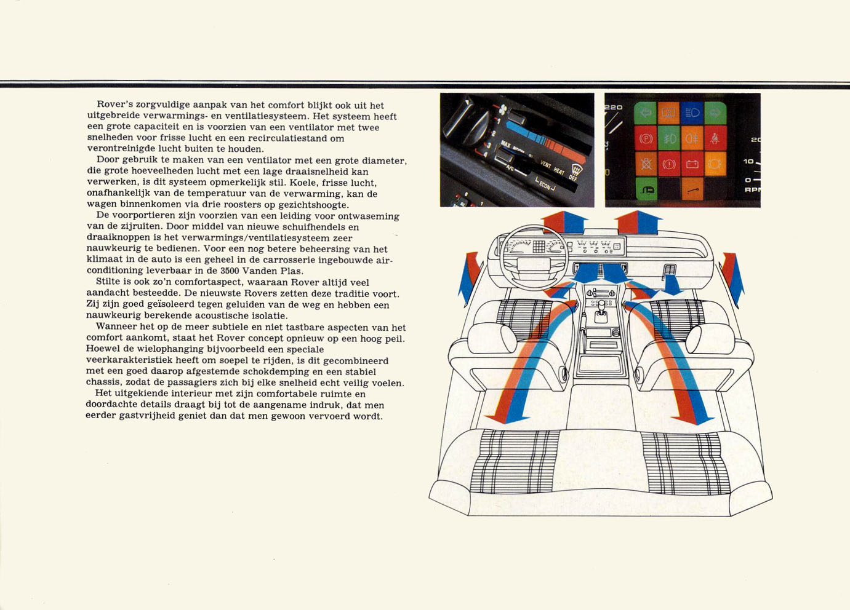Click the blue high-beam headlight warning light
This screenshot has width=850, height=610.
pos(692,113)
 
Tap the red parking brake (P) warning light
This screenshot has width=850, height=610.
pos(646,138)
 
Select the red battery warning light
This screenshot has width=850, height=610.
pos(692,164)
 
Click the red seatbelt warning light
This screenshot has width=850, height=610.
pos(715,138)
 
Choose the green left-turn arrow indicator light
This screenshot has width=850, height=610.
pos(645,113)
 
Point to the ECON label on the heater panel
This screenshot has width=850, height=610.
pos(545,185)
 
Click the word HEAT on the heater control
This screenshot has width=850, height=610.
pos(558,171)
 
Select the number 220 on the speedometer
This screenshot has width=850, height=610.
pos(614,107)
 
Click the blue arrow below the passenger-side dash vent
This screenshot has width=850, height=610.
pos(672,284)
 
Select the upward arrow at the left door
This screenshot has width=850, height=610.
pos(470,279)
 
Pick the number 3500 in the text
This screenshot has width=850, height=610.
pos(229,271)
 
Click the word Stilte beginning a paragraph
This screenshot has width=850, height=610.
pos(108,282)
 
